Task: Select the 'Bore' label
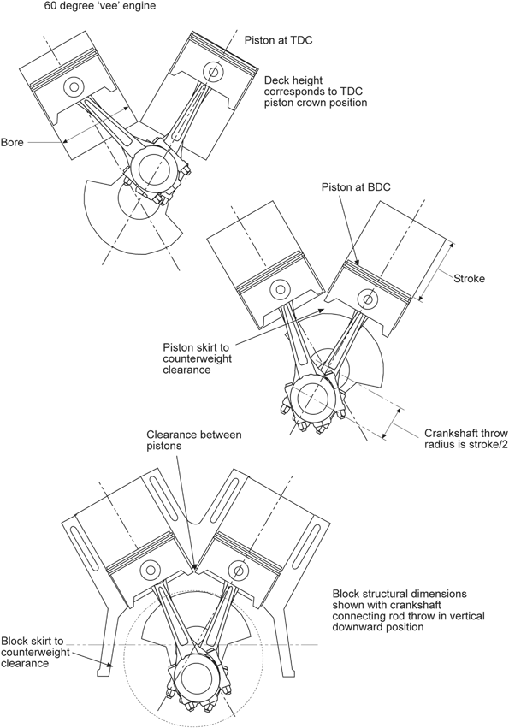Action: click(x=12, y=142)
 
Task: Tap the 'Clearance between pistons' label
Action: click(x=193, y=441)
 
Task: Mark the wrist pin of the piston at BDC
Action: click(x=369, y=299)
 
